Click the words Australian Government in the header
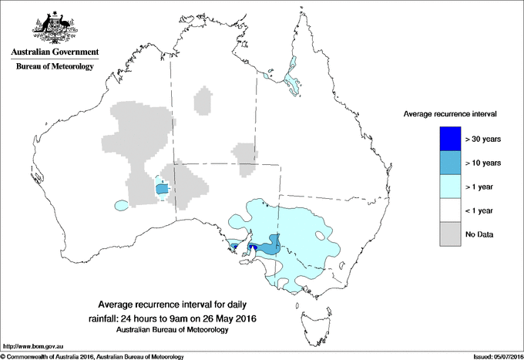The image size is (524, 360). tap(54, 52)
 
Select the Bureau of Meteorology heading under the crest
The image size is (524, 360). tap(54, 67)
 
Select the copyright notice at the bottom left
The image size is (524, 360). tap(92, 356)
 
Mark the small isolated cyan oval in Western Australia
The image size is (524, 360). tap(121, 206)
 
